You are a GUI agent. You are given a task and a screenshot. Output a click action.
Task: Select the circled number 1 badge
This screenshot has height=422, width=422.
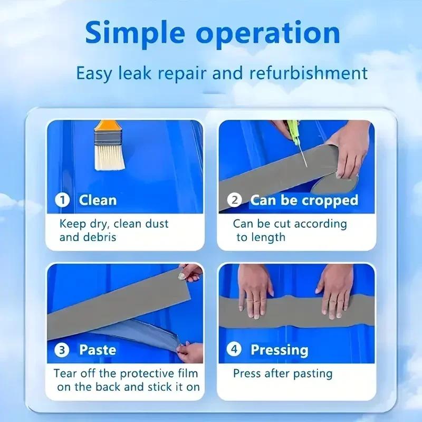click(63, 200)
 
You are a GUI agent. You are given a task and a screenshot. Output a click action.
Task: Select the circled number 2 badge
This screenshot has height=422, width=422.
click(235, 200)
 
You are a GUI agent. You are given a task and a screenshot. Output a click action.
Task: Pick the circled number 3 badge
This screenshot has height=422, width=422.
click(63, 349)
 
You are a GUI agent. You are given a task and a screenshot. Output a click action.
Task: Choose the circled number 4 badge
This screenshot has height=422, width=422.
click(235, 349)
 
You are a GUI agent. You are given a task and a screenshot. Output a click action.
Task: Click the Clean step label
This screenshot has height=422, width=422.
click(98, 200)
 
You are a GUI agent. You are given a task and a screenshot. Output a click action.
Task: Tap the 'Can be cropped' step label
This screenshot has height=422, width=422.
click(304, 200)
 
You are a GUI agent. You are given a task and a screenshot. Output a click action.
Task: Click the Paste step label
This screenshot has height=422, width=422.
click(98, 349)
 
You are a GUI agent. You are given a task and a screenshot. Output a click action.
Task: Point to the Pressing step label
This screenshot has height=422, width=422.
click(279, 349)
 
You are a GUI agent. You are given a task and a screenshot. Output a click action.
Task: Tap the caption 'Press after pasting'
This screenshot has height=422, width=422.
click(283, 373)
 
